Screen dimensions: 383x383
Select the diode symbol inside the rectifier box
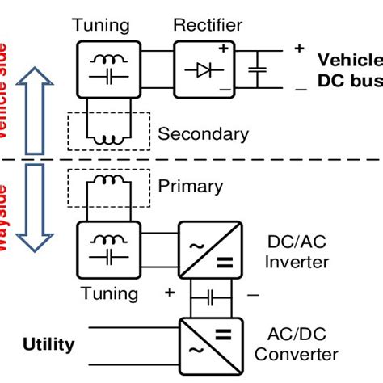tap(204, 70)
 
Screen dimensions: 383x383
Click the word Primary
tap(191, 186)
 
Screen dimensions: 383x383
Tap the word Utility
tap(48, 345)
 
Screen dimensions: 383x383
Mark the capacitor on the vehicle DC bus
tap(257, 70)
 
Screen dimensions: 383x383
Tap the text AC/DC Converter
tap(302, 344)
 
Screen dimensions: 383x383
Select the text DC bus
tap(347, 82)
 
